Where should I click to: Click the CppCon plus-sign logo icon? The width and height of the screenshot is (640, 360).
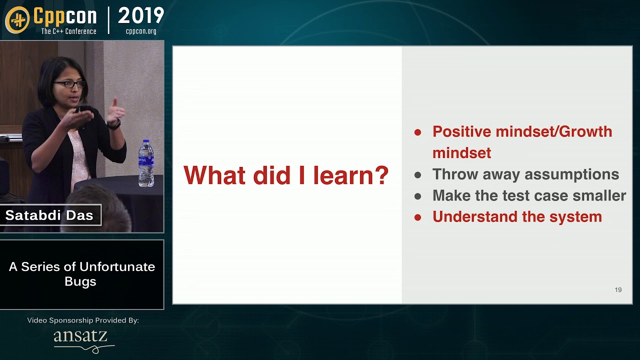pyautogui.click(x=17, y=19)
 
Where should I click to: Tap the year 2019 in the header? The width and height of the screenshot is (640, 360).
pyautogui.click(x=141, y=16)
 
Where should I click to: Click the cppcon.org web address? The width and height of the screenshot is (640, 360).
pyautogui.click(x=141, y=31)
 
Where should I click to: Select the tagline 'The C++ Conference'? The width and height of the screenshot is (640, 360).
pyautogui.click(x=68, y=31)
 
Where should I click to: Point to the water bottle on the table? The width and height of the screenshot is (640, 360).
pyautogui.click(x=146, y=163)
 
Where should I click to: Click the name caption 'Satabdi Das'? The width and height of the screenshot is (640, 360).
pyautogui.click(x=49, y=215)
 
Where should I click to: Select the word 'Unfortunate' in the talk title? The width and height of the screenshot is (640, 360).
pyautogui.click(x=123, y=266)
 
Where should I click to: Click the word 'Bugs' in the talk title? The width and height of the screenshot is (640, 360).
pyautogui.click(x=80, y=281)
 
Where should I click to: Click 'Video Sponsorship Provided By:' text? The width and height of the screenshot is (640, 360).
pyautogui.click(x=82, y=320)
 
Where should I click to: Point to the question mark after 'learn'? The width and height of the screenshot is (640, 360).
pyautogui.click(x=381, y=175)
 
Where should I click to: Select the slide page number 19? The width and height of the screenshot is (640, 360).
pyautogui.click(x=618, y=290)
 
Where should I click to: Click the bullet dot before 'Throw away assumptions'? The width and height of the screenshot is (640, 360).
pyautogui.click(x=418, y=175)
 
